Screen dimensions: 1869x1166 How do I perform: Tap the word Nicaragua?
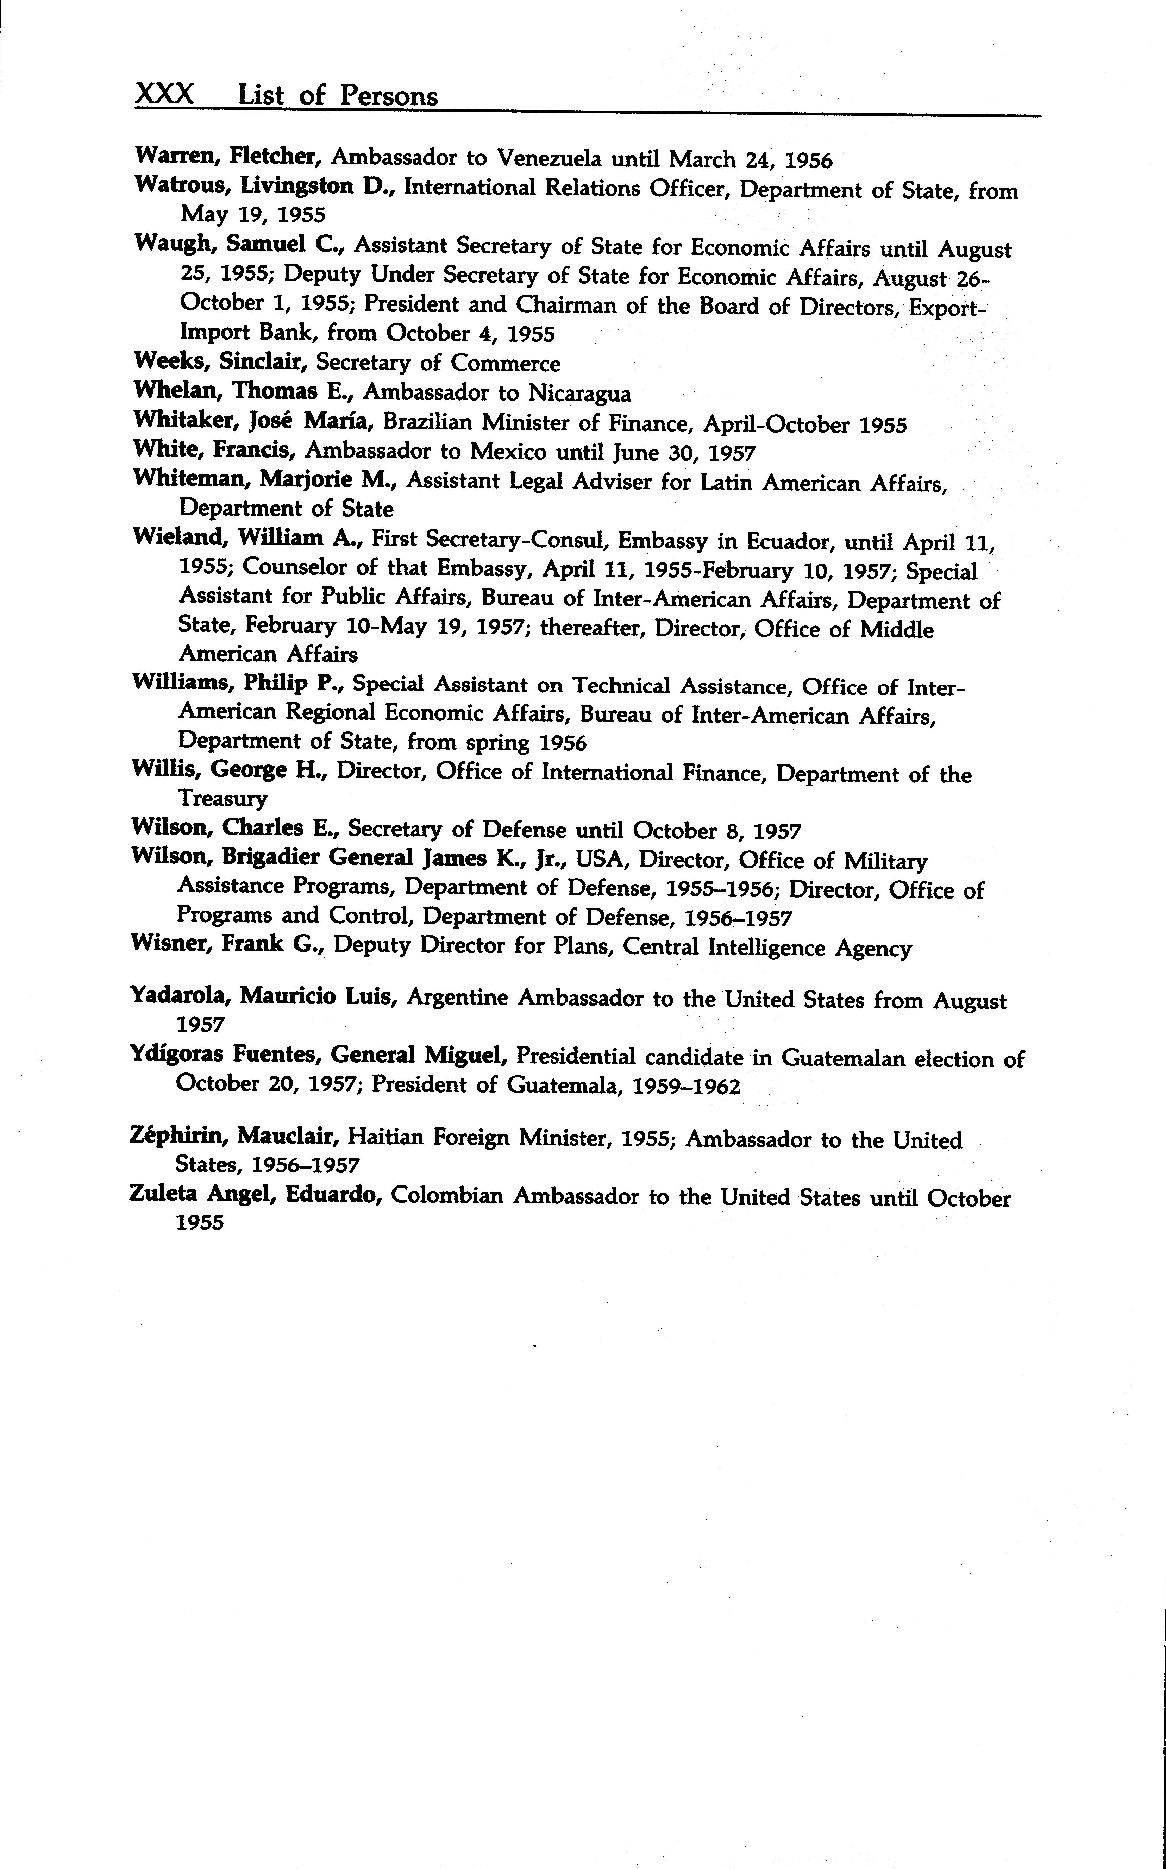(579, 393)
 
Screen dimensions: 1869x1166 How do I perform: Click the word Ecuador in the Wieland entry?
(781, 541)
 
